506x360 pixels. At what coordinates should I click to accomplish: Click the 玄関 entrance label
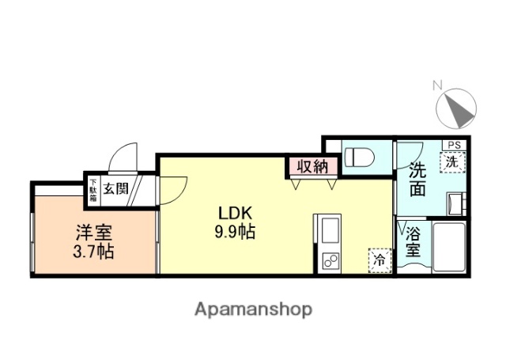(x=115, y=189)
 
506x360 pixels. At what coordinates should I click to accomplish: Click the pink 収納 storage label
(x=312, y=166)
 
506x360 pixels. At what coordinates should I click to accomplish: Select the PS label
(x=454, y=145)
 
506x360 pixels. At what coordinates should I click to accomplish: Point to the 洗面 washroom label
(x=418, y=178)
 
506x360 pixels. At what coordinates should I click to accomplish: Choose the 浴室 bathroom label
(x=413, y=242)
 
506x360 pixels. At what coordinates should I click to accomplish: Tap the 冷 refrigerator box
(x=379, y=259)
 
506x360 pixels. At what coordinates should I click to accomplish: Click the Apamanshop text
(x=253, y=309)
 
